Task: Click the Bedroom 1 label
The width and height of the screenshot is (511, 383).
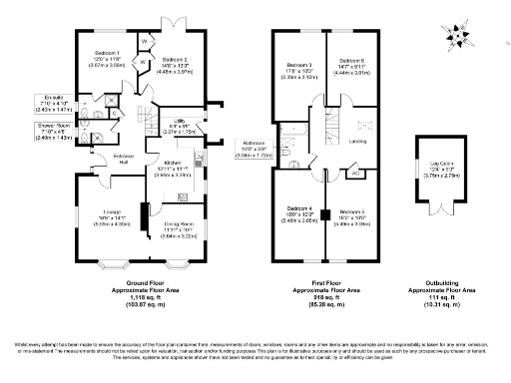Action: point(107,53)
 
